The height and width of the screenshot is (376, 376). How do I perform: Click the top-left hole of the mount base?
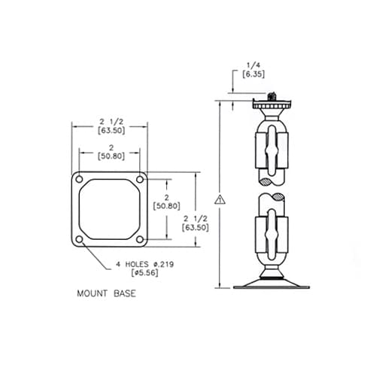point(79,179)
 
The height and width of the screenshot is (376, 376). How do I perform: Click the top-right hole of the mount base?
point(140,179)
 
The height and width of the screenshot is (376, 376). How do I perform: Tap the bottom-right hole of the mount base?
point(140,239)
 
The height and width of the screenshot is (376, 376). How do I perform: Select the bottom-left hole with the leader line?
point(79,239)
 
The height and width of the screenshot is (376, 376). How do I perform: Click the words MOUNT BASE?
point(106,293)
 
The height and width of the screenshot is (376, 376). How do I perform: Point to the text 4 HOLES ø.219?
point(145,264)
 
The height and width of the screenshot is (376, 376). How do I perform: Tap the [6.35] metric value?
point(249,75)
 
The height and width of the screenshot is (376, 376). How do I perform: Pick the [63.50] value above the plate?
point(110,129)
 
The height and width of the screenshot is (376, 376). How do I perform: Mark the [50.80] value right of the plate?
point(165,205)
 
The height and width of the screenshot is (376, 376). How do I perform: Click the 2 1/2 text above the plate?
point(110,120)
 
